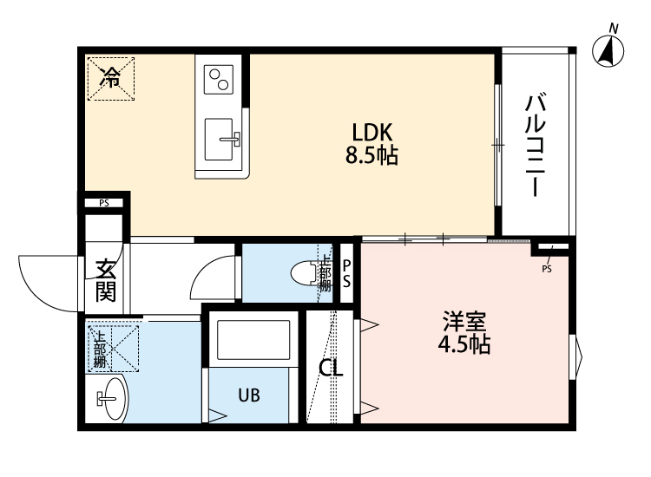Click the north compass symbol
click(x=610, y=50)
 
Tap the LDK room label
click(x=373, y=133)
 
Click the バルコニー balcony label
click(x=535, y=144)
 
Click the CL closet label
click(x=331, y=368)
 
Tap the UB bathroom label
click(x=250, y=395)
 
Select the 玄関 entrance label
click(x=106, y=279)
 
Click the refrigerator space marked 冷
click(x=109, y=78)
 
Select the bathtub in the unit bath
click(x=253, y=339)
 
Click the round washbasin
click(x=111, y=399)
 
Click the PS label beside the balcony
click(x=547, y=268)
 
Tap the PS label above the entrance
click(x=104, y=204)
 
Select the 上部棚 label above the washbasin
click(x=100, y=349)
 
